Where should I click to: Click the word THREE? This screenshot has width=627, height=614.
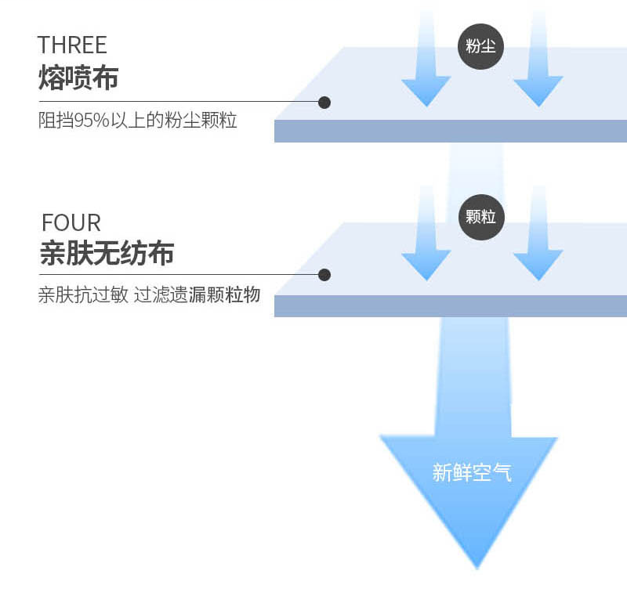(72, 45)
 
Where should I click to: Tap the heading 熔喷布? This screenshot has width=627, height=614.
(78, 77)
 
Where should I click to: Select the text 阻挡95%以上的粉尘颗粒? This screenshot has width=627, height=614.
(138, 121)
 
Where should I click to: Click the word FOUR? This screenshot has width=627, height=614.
(71, 222)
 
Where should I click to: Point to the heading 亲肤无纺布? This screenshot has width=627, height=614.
(107, 253)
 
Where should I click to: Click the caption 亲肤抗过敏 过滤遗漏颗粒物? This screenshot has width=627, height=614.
(149, 294)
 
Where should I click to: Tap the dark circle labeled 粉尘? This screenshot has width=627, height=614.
(480, 47)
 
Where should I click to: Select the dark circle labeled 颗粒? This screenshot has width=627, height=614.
(481, 217)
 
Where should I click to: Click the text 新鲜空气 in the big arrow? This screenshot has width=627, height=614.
(472, 472)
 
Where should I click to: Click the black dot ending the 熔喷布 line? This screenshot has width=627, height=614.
(324, 103)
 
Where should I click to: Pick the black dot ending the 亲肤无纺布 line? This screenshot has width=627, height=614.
(324, 275)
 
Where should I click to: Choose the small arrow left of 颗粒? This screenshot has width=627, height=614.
(426, 233)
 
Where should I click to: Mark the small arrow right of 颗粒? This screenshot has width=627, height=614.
(538, 233)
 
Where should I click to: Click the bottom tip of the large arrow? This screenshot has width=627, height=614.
(477, 569)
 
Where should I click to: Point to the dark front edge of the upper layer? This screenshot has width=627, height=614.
(451, 131)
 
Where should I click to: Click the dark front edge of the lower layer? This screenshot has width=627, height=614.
(451, 306)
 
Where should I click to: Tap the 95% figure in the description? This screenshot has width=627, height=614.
(92, 121)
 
